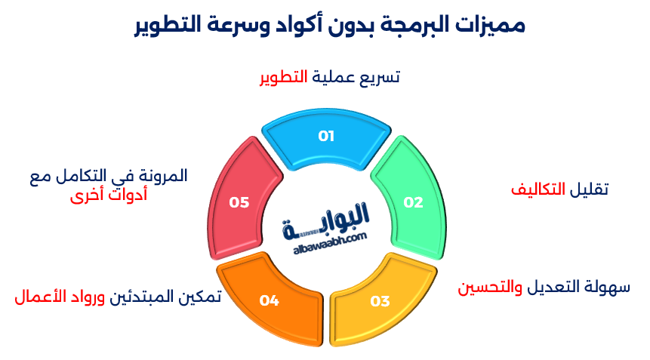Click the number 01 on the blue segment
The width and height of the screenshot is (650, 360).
(x=325, y=137)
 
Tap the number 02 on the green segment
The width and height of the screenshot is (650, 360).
(x=413, y=202)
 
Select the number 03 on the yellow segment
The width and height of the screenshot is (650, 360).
(x=380, y=302)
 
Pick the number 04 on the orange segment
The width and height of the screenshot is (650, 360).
(x=270, y=301)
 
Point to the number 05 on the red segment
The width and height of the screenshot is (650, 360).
(x=239, y=202)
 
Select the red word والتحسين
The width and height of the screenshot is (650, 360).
(x=485, y=287)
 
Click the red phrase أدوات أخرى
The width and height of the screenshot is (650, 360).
(x=109, y=196)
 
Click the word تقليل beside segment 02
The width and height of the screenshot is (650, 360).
(x=590, y=189)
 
